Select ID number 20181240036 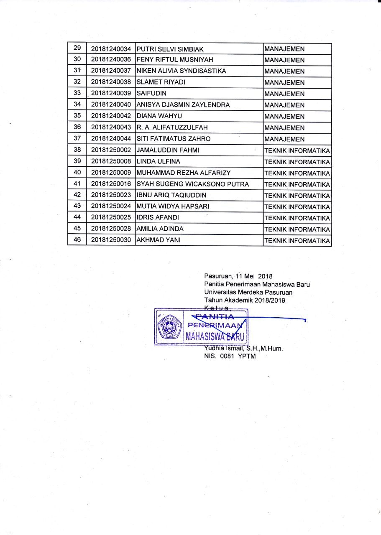tap(111, 60)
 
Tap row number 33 tap(77, 93)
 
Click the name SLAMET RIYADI tap(161, 83)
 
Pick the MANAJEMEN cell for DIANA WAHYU tap(284, 117)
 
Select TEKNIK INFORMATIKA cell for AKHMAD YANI tap(297, 241)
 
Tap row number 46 tap(77, 240)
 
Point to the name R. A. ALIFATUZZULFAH tap(172, 128)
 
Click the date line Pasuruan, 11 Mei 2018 tap(238, 276)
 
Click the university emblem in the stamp tap(169, 327)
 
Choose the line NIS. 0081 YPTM tap(230, 356)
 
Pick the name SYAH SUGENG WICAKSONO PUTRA tap(193, 184)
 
